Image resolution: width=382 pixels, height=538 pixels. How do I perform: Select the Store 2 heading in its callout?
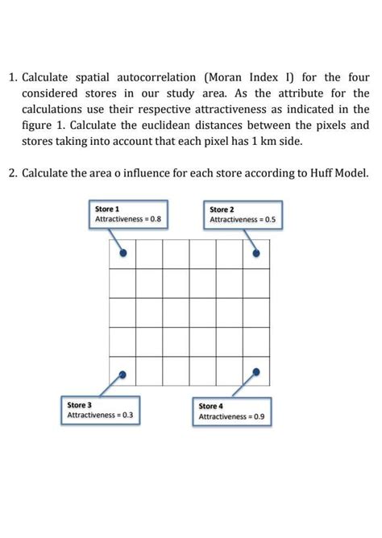tap(222, 209)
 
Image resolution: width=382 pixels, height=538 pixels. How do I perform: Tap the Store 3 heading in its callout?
tap(79, 404)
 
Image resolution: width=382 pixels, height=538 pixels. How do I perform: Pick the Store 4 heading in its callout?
tap(211, 407)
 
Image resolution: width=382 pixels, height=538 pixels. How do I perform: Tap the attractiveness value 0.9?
tap(260, 418)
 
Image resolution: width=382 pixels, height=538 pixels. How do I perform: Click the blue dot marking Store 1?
tap(122, 253)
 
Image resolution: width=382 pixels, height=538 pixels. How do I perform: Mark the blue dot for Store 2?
tap(256, 253)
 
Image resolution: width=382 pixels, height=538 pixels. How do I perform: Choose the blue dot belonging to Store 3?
tap(122, 373)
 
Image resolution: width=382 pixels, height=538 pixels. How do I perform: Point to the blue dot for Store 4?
tap(256, 372)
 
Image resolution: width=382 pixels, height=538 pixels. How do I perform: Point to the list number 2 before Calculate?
tap(13, 173)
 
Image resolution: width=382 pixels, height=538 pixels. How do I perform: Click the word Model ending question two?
tap(349, 173)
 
